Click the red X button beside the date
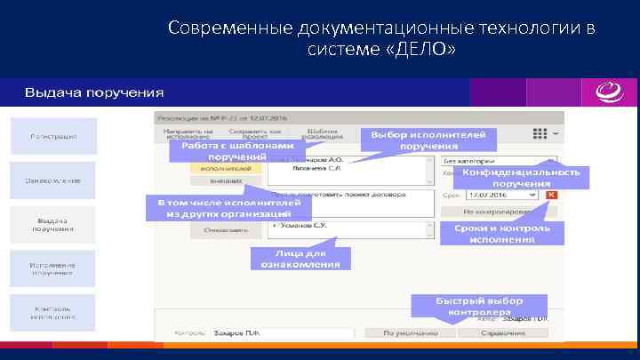(x=551, y=194)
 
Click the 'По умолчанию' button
(x=401, y=333)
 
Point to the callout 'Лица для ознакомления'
(x=300, y=258)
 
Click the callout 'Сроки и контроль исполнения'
(x=502, y=233)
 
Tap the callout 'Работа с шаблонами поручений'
(x=232, y=151)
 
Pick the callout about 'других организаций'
(x=228, y=208)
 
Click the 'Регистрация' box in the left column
(x=53, y=135)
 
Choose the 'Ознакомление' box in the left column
(x=53, y=180)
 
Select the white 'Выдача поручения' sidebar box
(x=53, y=225)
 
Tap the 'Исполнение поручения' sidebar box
(x=53, y=268)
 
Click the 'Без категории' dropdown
(x=498, y=161)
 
